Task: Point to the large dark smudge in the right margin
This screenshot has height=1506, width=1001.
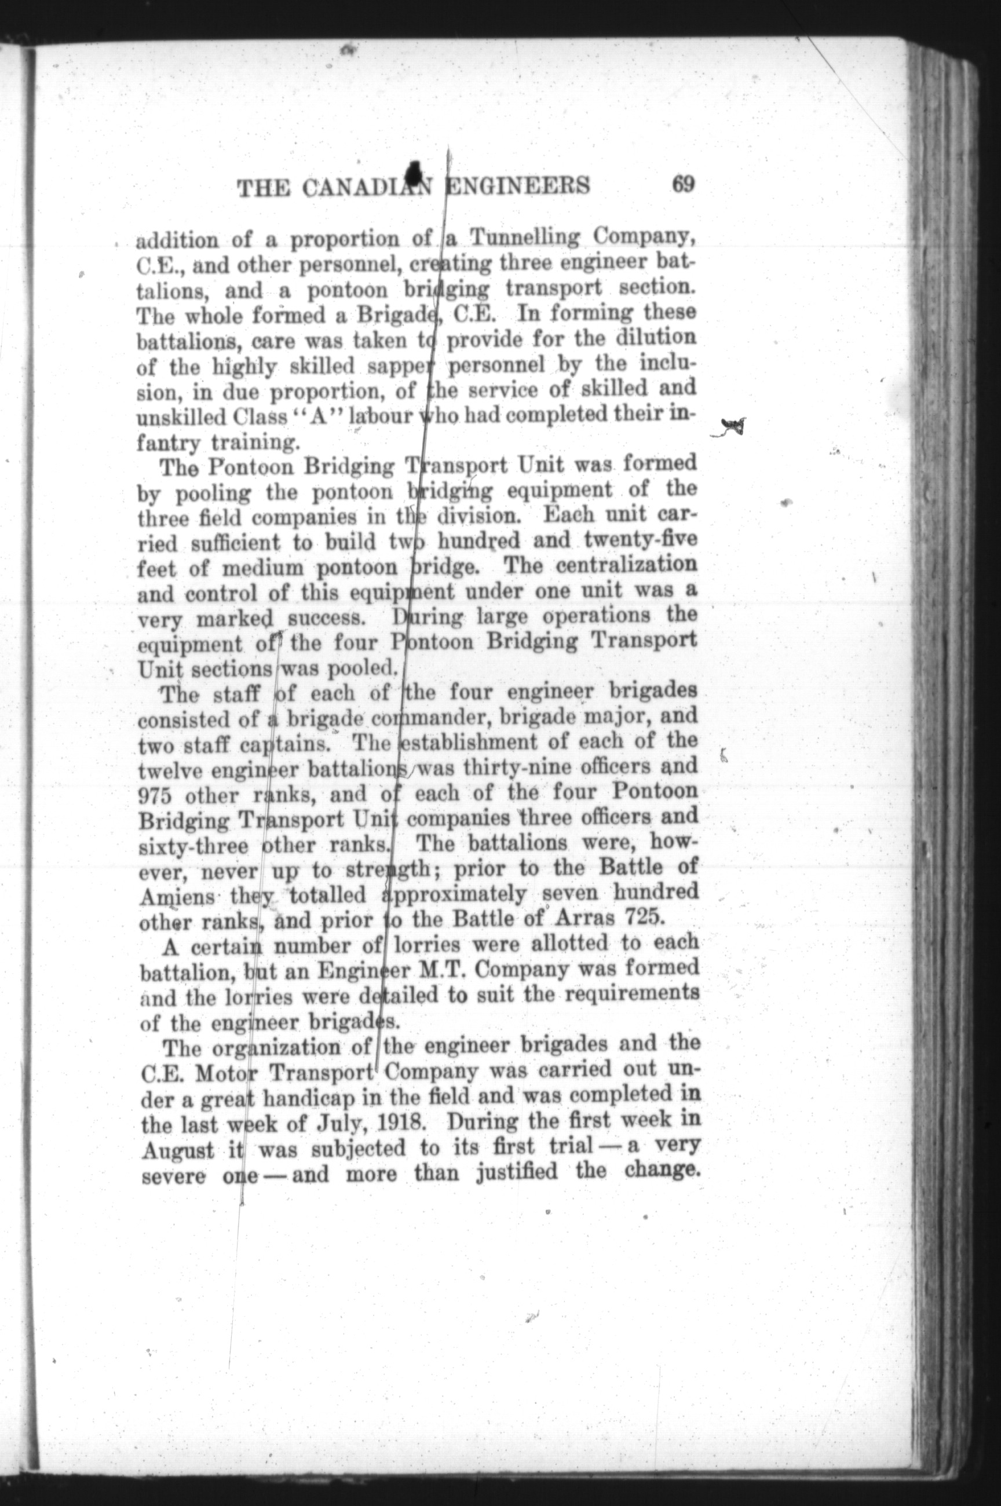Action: tap(733, 426)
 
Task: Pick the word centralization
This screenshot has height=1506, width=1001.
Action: tap(626, 565)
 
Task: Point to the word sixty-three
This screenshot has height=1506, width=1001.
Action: tap(193, 847)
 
